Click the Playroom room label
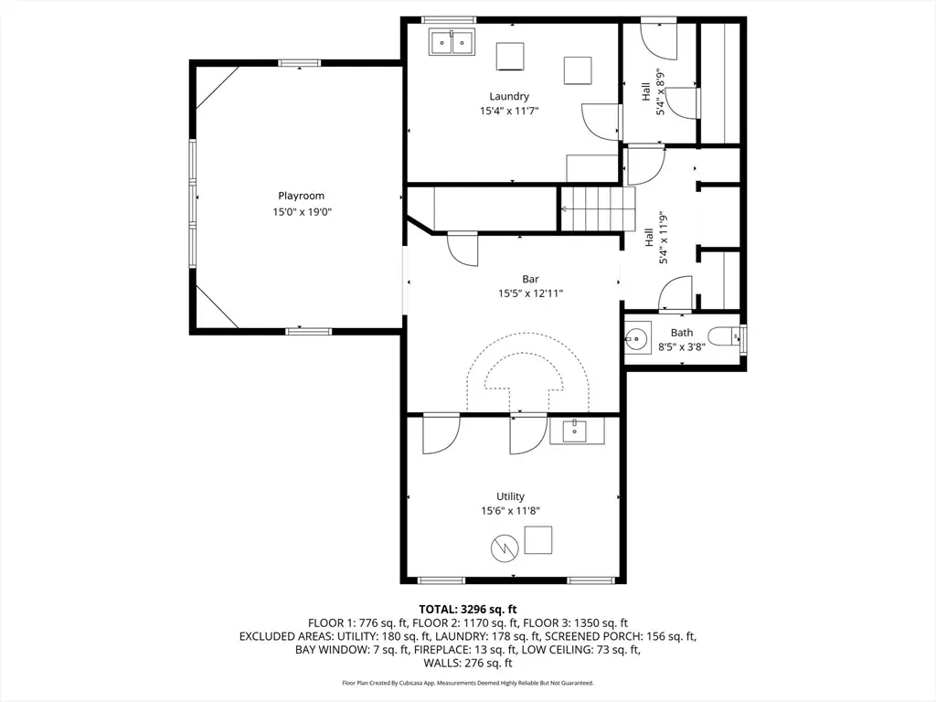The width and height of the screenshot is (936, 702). [302, 196]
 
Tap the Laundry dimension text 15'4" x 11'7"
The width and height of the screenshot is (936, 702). [509, 111]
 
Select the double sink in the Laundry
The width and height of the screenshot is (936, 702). [452, 42]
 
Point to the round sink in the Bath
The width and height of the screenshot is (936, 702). [637, 339]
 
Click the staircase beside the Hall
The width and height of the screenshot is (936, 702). [597, 209]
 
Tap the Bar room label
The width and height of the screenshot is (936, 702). [530, 279]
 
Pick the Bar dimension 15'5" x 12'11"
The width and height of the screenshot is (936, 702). [531, 293]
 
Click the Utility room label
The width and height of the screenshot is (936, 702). [510, 496]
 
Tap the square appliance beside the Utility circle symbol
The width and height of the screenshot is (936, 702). [537, 540]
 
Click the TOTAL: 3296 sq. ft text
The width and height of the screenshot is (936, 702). [468, 609]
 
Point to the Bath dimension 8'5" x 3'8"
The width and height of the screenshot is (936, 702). [682, 346]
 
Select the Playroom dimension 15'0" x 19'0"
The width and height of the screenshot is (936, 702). [302, 211]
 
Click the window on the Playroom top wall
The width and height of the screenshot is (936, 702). [299, 63]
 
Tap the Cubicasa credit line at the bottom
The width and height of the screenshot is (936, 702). [468, 682]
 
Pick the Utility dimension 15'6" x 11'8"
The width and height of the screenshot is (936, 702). [510, 510]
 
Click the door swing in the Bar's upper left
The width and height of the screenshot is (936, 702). [463, 249]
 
